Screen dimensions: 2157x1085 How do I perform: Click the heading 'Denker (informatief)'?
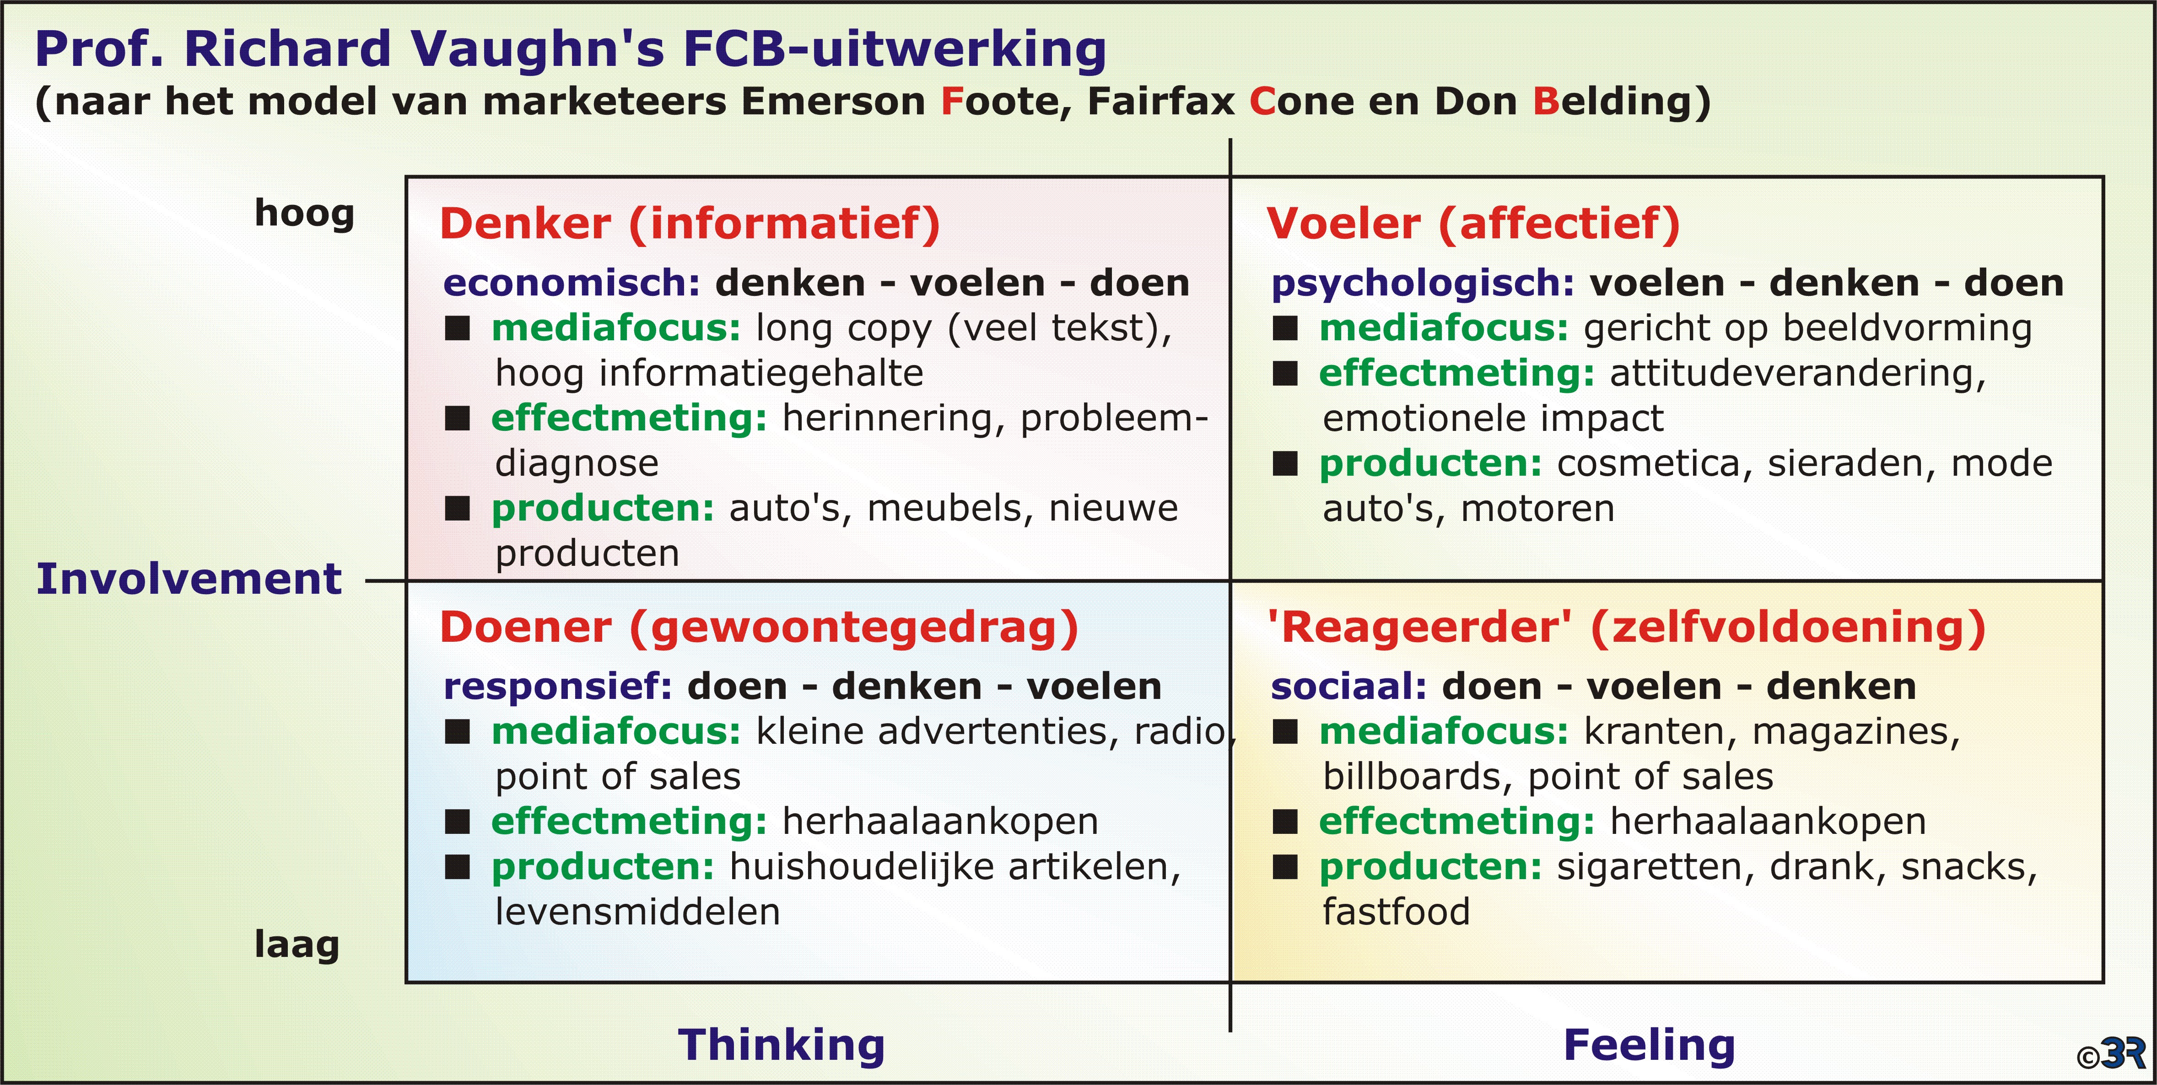pyautogui.click(x=690, y=225)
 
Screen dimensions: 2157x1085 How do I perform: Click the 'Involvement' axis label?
pyautogui.click(x=189, y=579)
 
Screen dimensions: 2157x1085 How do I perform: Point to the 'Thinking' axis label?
pyautogui.click(x=781, y=1045)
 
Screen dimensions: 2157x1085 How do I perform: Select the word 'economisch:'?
pyautogui.click(x=571, y=283)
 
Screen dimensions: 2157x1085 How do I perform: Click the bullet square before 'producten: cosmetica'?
pyautogui.click(x=1285, y=463)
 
